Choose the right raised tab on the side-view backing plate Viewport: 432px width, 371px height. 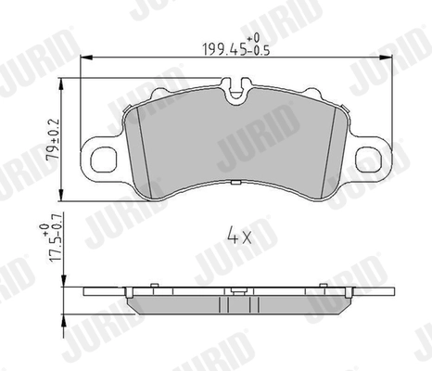point(324,286)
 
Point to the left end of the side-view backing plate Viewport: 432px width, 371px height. point(85,292)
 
